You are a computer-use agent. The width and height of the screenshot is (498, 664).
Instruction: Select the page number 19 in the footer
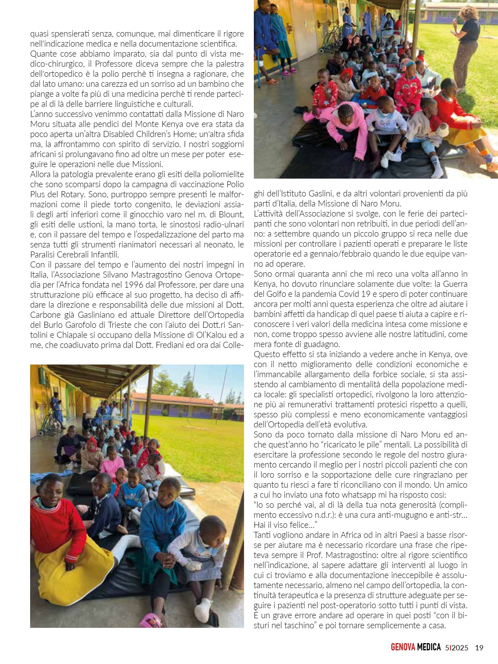pyautogui.click(x=479, y=648)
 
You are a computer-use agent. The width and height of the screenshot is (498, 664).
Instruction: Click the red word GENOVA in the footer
pyautogui.click(x=403, y=648)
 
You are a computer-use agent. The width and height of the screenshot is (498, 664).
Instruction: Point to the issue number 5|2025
pyautogui.click(x=457, y=648)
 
